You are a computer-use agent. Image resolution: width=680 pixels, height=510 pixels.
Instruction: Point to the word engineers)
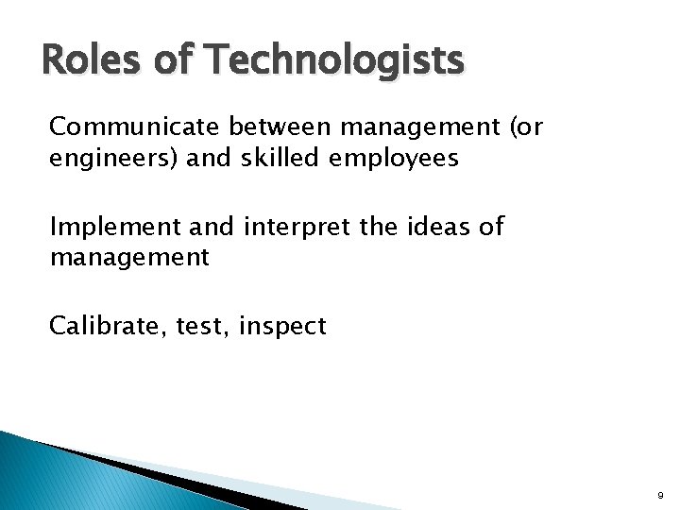[100, 158]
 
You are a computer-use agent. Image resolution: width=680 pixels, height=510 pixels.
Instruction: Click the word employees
[394, 158]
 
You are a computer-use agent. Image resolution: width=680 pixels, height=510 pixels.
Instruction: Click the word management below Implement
[128, 257]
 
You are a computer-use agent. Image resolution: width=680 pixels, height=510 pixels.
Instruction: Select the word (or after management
[524, 127]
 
